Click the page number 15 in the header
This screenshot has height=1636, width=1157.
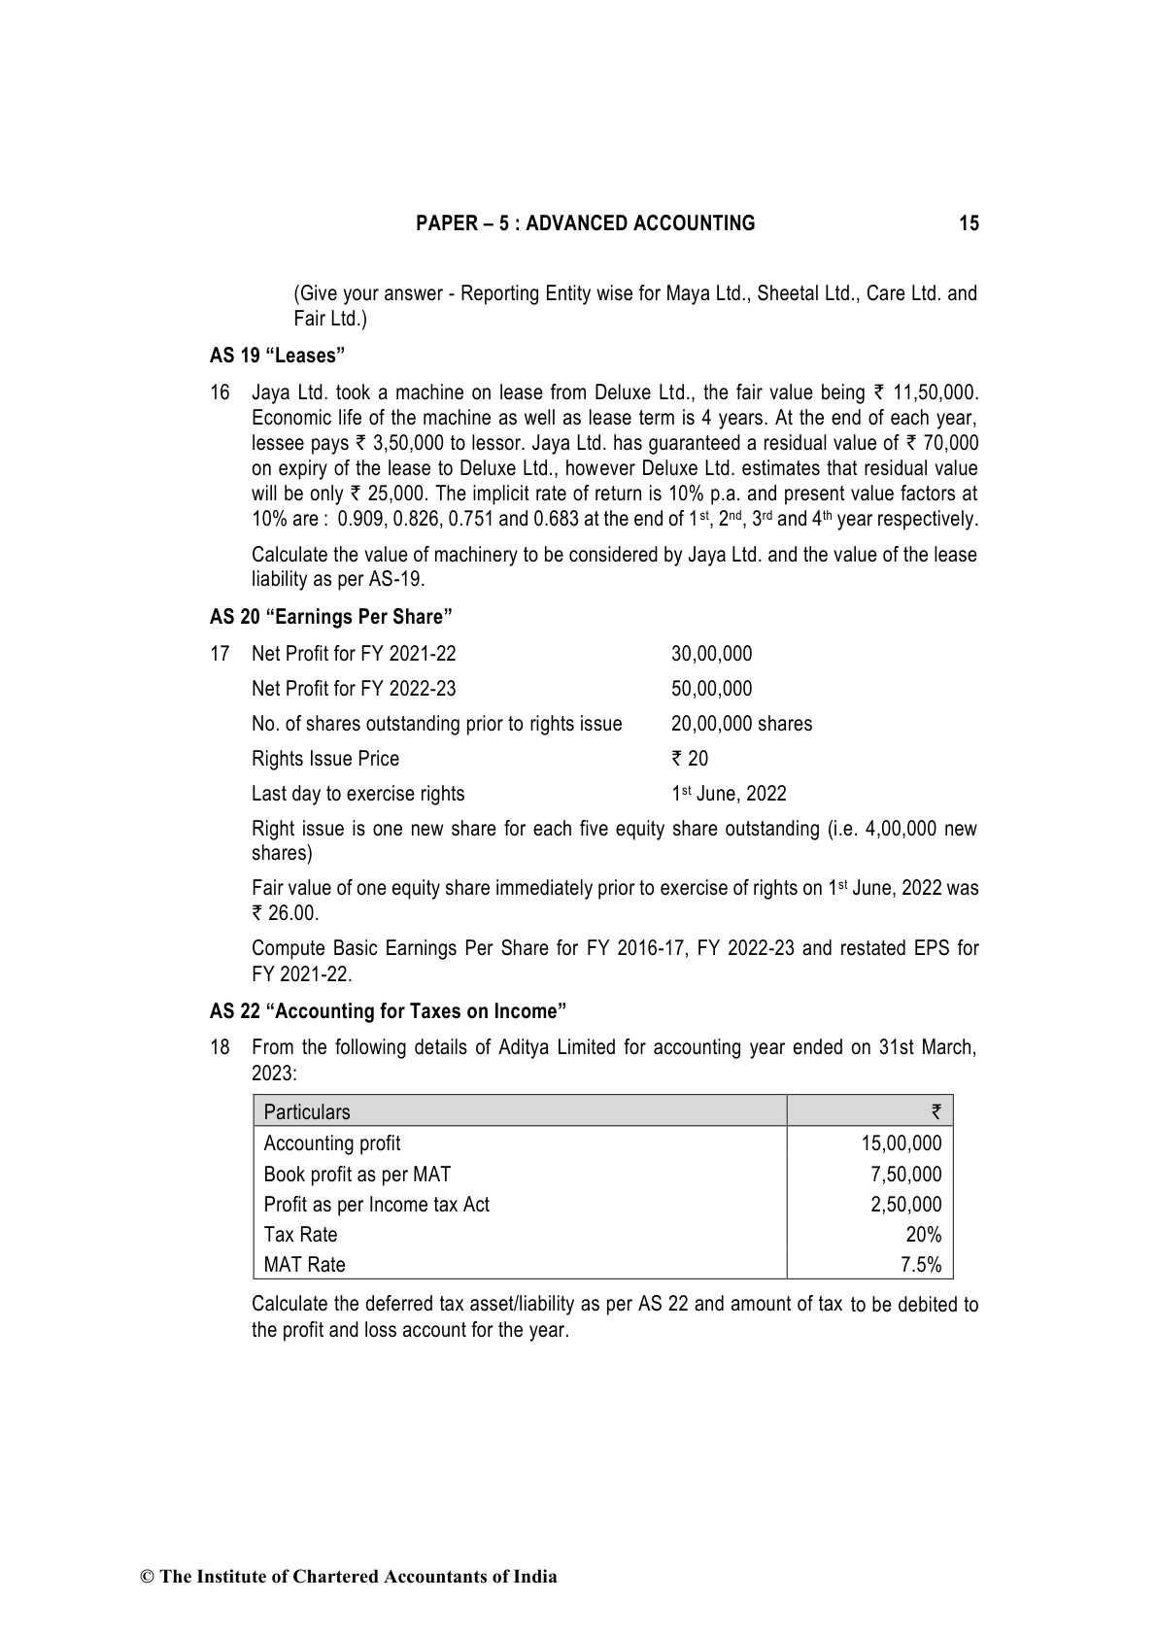(969, 223)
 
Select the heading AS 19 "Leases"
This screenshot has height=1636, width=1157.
(278, 356)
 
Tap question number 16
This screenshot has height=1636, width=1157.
(220, 392)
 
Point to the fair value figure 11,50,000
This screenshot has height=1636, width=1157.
(933, 392)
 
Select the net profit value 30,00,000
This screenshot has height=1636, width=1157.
(711, 654)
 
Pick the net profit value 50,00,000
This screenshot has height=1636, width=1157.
(711, 689)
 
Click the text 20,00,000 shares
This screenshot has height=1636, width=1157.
(741, 724)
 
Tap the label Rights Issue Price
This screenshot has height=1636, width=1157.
(324, 759)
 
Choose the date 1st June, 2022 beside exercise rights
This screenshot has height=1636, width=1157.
(729, 794)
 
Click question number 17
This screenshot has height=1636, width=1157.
(220, 654)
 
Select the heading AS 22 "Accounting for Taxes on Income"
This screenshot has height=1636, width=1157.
(388, 1011)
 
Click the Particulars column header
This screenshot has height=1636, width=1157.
(307, 1112)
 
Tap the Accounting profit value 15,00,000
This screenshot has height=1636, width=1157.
(901, 1143)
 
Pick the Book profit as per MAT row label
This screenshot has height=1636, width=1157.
(357, 1175)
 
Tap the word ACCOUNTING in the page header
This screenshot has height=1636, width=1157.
(694, 223)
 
